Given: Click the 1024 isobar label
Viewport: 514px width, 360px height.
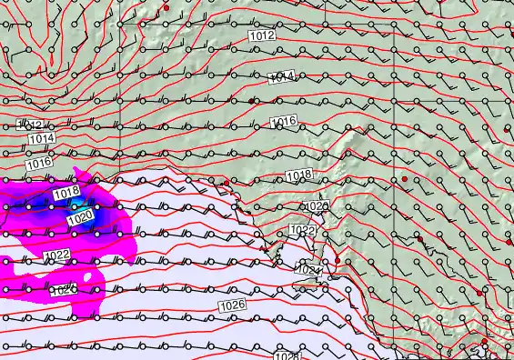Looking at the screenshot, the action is (308, 270).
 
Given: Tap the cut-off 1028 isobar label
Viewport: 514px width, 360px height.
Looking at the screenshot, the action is (287, 356).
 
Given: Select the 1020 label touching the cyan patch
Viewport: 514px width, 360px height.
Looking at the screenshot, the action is (80, 218).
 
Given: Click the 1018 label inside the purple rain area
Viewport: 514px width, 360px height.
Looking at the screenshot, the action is (66, 194).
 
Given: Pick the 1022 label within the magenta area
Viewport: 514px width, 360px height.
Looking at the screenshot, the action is (56, 255).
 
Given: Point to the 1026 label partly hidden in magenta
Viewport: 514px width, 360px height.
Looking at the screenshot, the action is (62, 291).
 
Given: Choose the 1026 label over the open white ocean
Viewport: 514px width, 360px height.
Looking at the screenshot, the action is (233, 305).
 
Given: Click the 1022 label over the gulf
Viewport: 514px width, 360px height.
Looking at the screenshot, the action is (303, 231).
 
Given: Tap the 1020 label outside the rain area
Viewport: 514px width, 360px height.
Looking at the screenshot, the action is (316, 207).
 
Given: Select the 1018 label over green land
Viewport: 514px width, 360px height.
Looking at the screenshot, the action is (299, 175).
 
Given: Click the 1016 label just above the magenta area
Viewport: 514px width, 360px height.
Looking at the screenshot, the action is (39, 164).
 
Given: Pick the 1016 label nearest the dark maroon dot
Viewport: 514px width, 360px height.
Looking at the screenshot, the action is (284, 121).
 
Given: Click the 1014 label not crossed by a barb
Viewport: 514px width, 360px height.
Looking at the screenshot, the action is (41, 138).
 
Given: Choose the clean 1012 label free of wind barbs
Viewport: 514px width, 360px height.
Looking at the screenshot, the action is (262, 35).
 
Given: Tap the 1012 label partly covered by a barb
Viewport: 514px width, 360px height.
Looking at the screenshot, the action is (32, 124).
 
